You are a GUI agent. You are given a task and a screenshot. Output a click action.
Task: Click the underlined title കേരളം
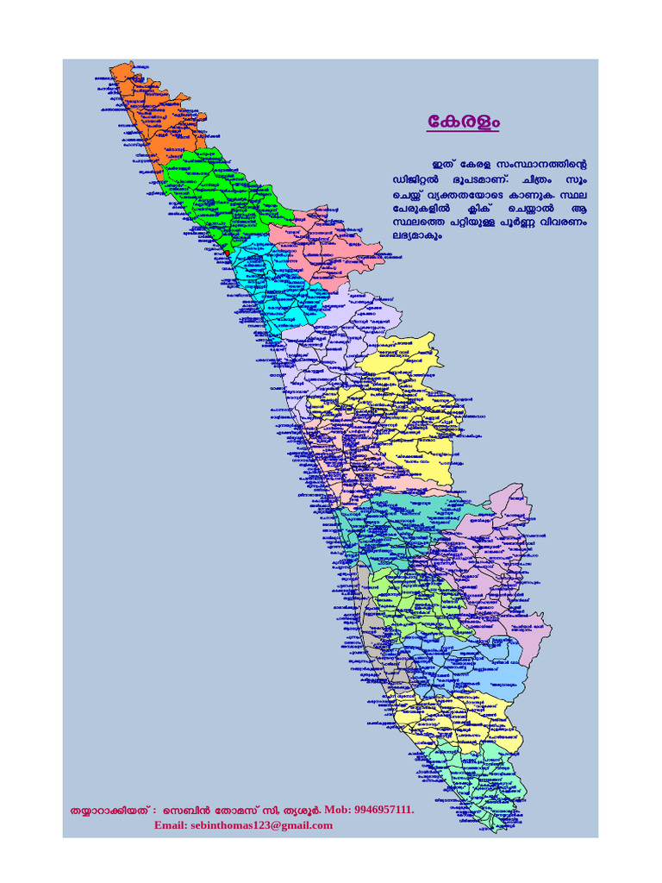click(x=463, y=122)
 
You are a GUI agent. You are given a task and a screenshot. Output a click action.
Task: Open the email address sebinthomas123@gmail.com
click(x=243, y=825)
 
